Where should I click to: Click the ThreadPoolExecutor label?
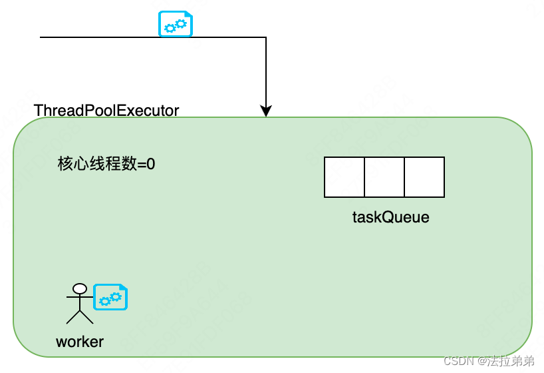point(106,111)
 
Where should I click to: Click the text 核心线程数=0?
point(106,164)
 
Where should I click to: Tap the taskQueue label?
point(390,217)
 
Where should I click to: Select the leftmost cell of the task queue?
point(344,177)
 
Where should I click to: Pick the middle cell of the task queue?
point(384,177)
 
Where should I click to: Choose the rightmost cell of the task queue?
point(424,177)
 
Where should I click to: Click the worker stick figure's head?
point(80,289)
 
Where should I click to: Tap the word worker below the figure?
point(80,342)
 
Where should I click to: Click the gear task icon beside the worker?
point(110,298)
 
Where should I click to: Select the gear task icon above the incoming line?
point(175,24)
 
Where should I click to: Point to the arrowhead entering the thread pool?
point(266,111)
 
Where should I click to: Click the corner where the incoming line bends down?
point(266,37)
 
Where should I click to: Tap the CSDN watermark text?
point(459,361)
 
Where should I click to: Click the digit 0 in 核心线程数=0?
point(151,164)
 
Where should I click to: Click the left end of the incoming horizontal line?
point(42,37)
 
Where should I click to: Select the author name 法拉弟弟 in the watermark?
point(511,361)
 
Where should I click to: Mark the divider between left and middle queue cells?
point(364,177)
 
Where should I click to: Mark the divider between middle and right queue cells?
point(404,177)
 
